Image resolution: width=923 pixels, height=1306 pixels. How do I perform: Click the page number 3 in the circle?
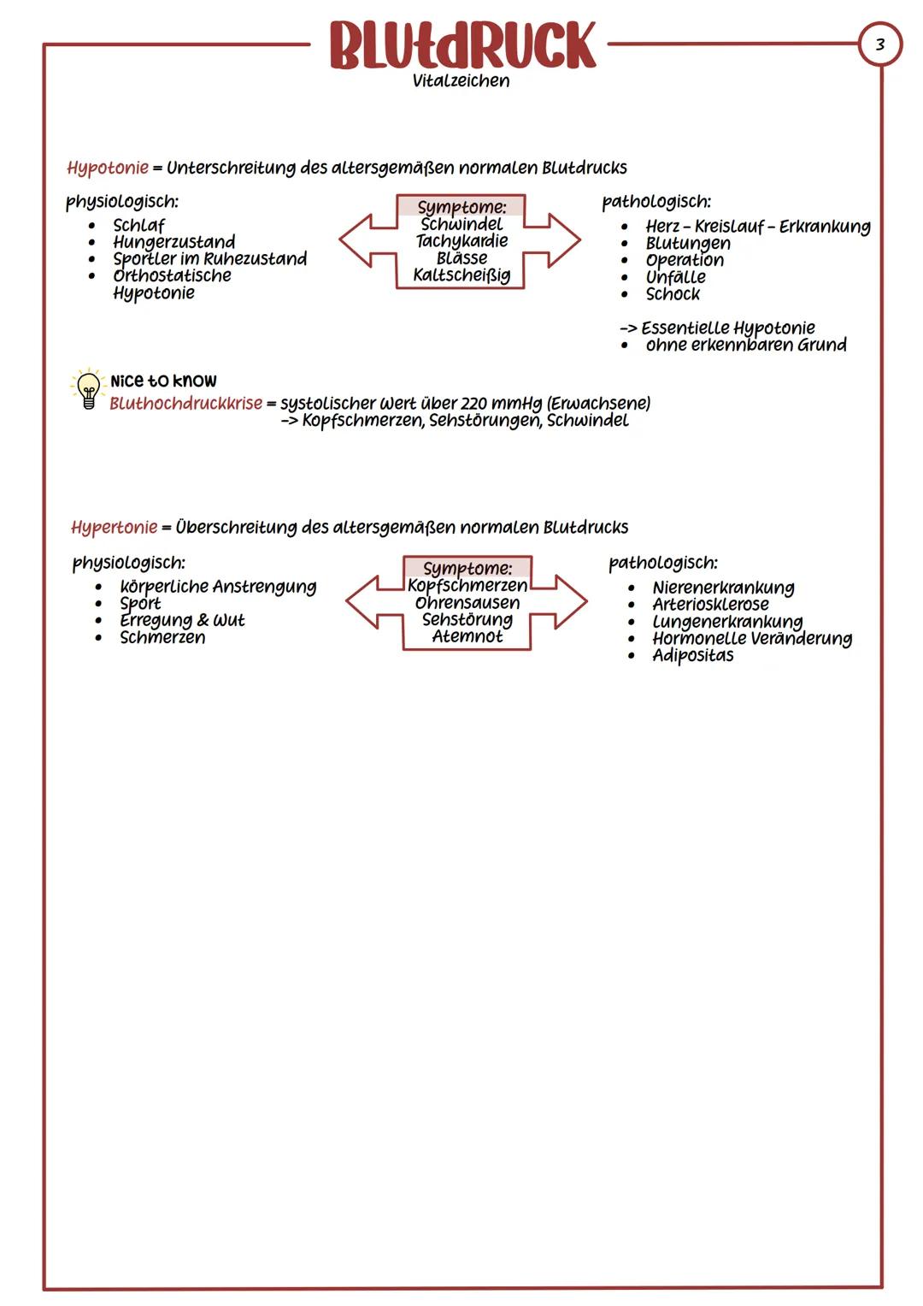tap(880, 44)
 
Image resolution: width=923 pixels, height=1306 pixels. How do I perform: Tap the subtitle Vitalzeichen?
tap(461, 81)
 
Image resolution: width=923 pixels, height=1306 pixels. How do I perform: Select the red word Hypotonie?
tap(108, 168)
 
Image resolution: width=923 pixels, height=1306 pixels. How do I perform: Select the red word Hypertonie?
tap(114, 527)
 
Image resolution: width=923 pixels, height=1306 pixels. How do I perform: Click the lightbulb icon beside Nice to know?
tap(87, 389)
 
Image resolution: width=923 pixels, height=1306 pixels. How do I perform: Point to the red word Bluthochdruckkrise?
tap(185, 403)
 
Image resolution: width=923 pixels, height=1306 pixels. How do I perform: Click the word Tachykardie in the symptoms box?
tap(461, 241)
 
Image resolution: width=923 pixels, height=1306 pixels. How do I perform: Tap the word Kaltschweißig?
tap(461, 275)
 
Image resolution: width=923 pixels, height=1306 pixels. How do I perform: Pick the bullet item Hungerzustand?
tap(173, 242)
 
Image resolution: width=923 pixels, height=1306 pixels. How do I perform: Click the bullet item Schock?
tap(673, 294)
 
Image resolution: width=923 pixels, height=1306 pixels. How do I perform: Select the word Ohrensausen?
tap(467, 603)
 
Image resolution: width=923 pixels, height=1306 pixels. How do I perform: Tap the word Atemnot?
tap(467, 637)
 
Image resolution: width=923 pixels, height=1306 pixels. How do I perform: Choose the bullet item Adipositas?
tap(692, 656)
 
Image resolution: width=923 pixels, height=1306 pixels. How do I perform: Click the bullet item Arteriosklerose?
tap(710, 605)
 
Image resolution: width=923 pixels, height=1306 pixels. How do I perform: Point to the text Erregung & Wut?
tap(182, 620)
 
